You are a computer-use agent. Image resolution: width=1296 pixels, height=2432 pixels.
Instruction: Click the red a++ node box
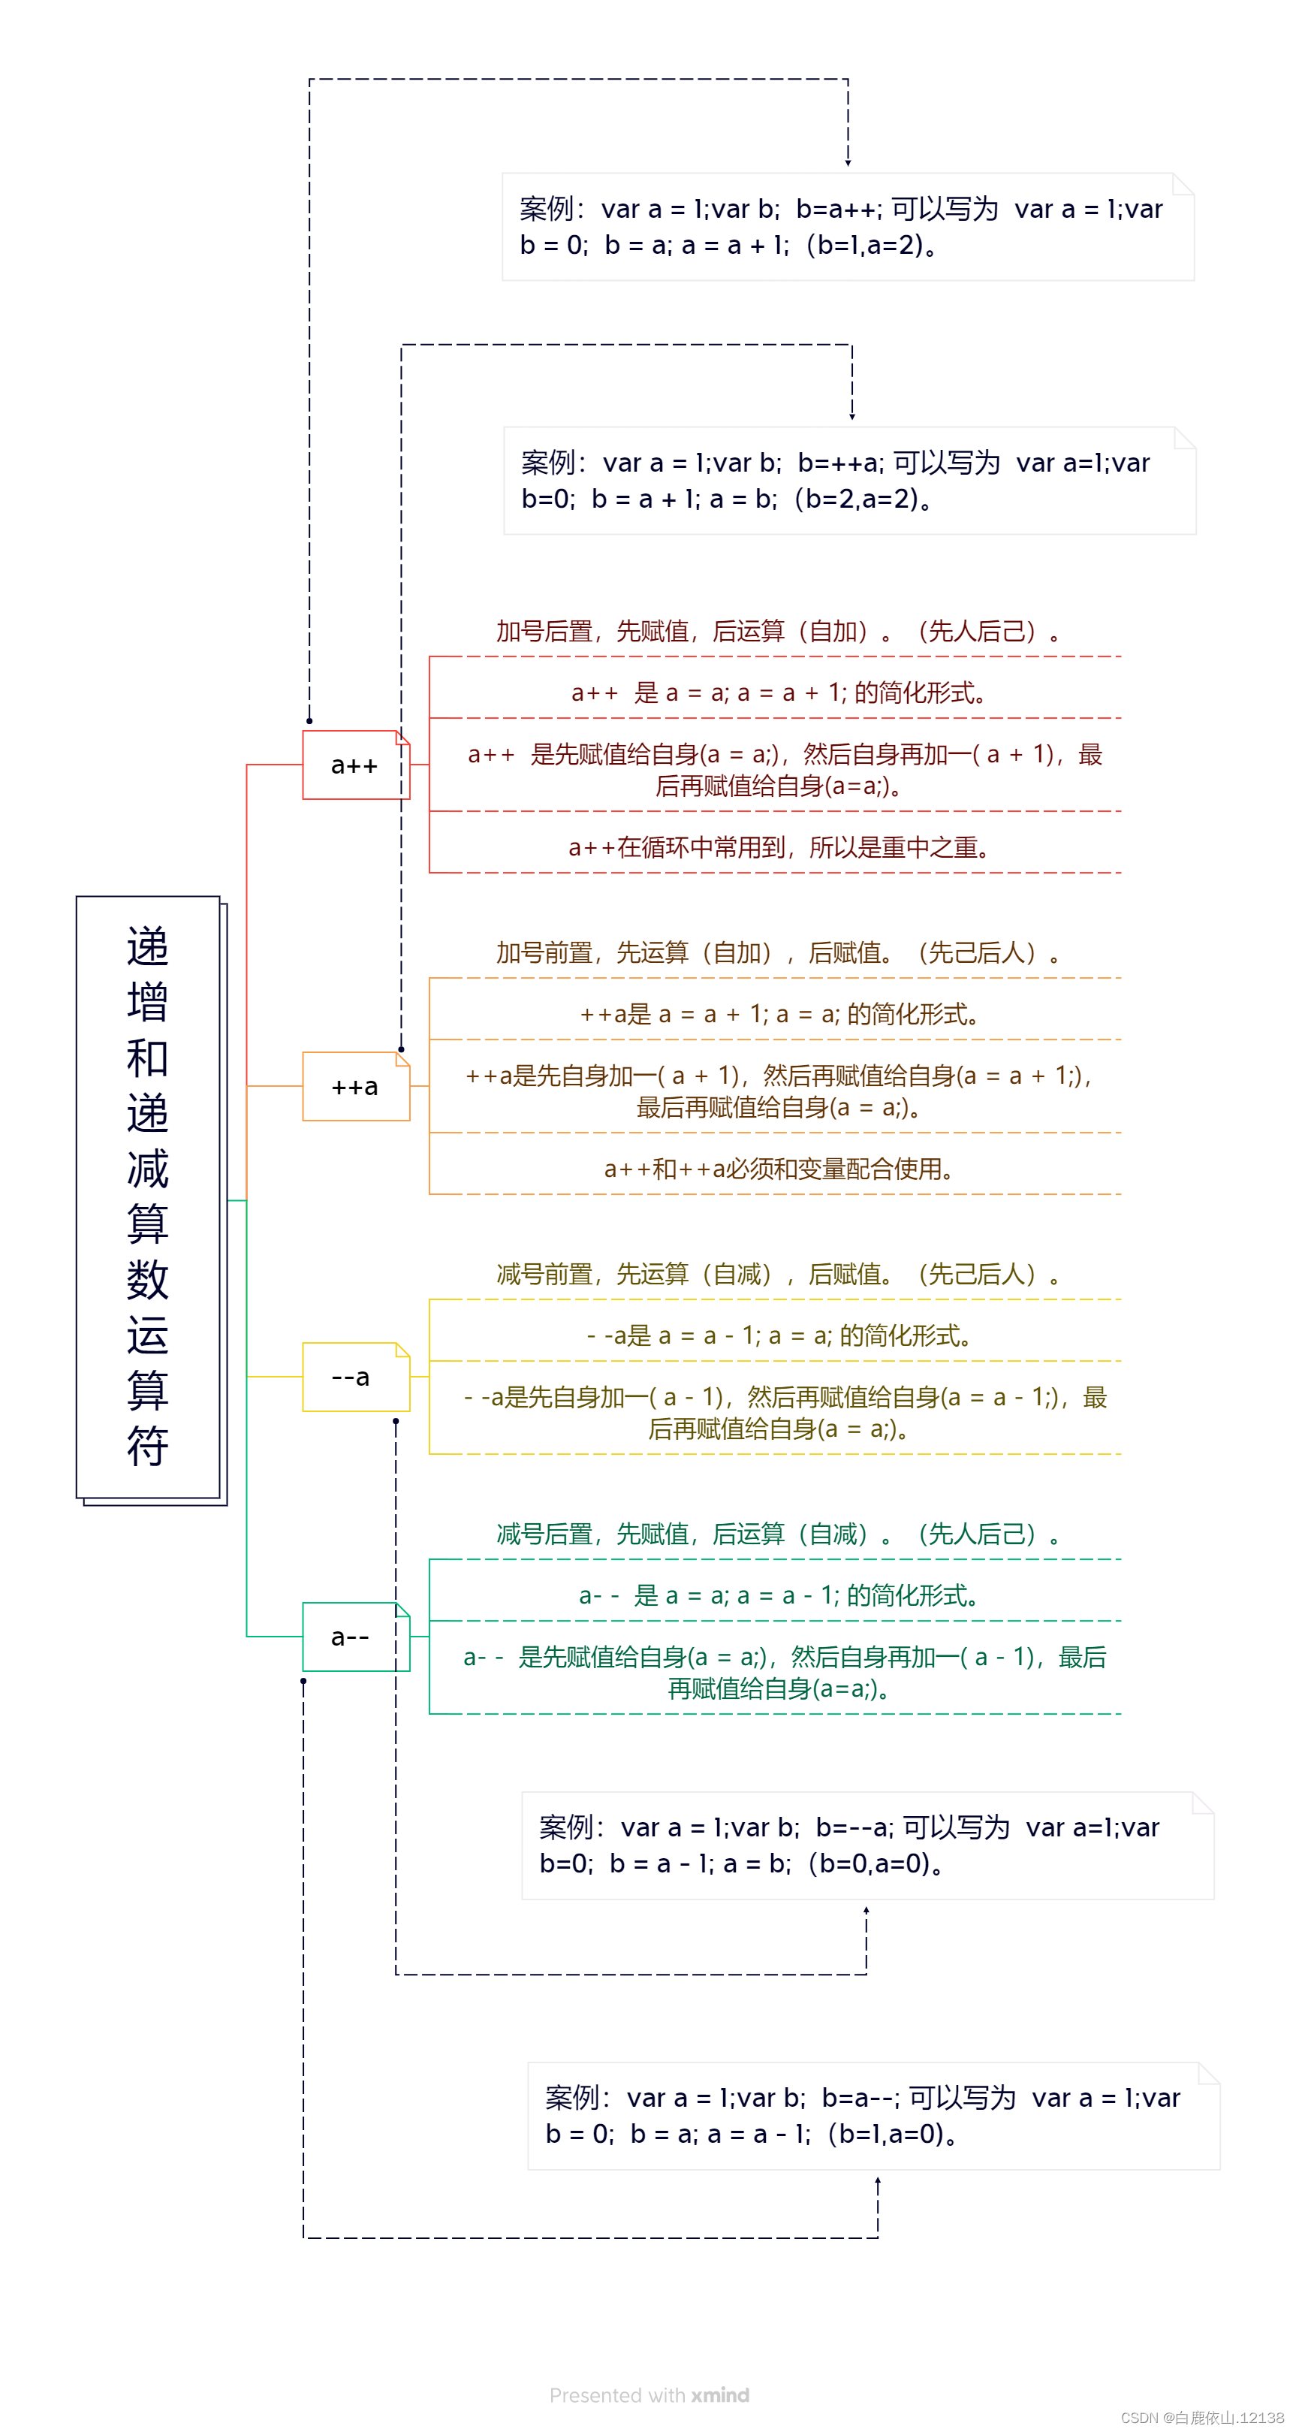355,765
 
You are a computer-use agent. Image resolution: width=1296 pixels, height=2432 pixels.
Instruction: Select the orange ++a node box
355,1087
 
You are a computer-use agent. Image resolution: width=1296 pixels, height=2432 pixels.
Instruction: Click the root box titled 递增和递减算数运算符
148,1196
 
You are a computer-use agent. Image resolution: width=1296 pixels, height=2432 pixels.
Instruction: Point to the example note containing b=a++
847,227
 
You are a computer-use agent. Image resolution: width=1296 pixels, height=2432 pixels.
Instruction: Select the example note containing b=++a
848,481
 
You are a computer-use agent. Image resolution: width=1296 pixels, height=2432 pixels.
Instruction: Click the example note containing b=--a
867,1845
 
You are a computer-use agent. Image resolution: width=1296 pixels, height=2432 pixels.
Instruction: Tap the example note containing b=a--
873,2115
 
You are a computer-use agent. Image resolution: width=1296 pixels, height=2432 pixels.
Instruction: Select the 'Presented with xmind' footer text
649,2395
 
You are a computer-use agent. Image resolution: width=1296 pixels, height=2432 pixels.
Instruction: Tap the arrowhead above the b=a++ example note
848,162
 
